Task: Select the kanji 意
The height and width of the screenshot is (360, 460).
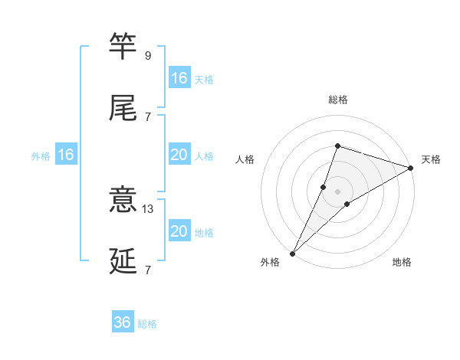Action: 123,201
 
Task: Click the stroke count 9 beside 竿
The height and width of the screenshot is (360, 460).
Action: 148,56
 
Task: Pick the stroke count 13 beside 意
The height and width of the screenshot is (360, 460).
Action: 148,208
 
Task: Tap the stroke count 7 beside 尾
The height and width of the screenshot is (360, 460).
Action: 148,116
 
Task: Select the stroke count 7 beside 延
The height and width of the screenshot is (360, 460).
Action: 148,270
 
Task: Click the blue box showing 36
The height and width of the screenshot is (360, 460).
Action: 123,322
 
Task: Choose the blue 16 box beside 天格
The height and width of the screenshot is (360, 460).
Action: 179,78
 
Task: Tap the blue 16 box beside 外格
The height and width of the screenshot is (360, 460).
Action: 66,155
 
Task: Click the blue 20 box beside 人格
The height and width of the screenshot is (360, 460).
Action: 179,155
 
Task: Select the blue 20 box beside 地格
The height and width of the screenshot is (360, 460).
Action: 179,231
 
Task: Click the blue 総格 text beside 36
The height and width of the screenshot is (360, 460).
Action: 147,324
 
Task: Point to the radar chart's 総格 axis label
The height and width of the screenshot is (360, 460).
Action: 337,100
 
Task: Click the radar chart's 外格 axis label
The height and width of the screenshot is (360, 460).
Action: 270,262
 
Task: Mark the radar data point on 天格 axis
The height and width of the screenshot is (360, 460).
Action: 411,168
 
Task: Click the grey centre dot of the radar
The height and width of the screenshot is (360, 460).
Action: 337,191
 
